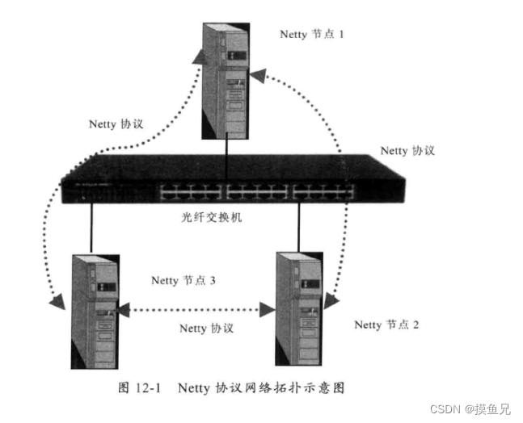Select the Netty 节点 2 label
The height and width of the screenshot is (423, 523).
(386, 325)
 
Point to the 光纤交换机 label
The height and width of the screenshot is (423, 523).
(212, 217)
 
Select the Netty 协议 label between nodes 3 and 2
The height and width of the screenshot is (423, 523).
(206, 329)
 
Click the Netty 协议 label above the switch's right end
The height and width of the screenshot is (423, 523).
(407, 151)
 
